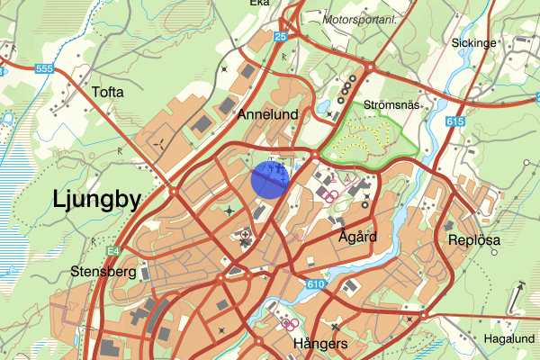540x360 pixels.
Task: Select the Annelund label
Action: [x=267, y=115]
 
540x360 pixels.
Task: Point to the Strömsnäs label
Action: [x=391, y=105]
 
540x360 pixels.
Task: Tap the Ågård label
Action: [x=357, y=238]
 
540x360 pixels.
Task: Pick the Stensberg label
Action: [x=102, y=271]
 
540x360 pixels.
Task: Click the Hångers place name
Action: [x=320, y=345]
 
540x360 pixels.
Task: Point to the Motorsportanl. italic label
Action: [x=361, y=17]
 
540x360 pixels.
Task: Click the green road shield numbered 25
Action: [x=281, y=36]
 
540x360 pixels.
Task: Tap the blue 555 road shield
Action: [x=44, y=69]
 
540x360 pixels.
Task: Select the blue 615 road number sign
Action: [x=454, y=121]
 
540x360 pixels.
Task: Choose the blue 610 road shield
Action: [x=315, y=284]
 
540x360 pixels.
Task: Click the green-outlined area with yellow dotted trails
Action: [x=369, y=135]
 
